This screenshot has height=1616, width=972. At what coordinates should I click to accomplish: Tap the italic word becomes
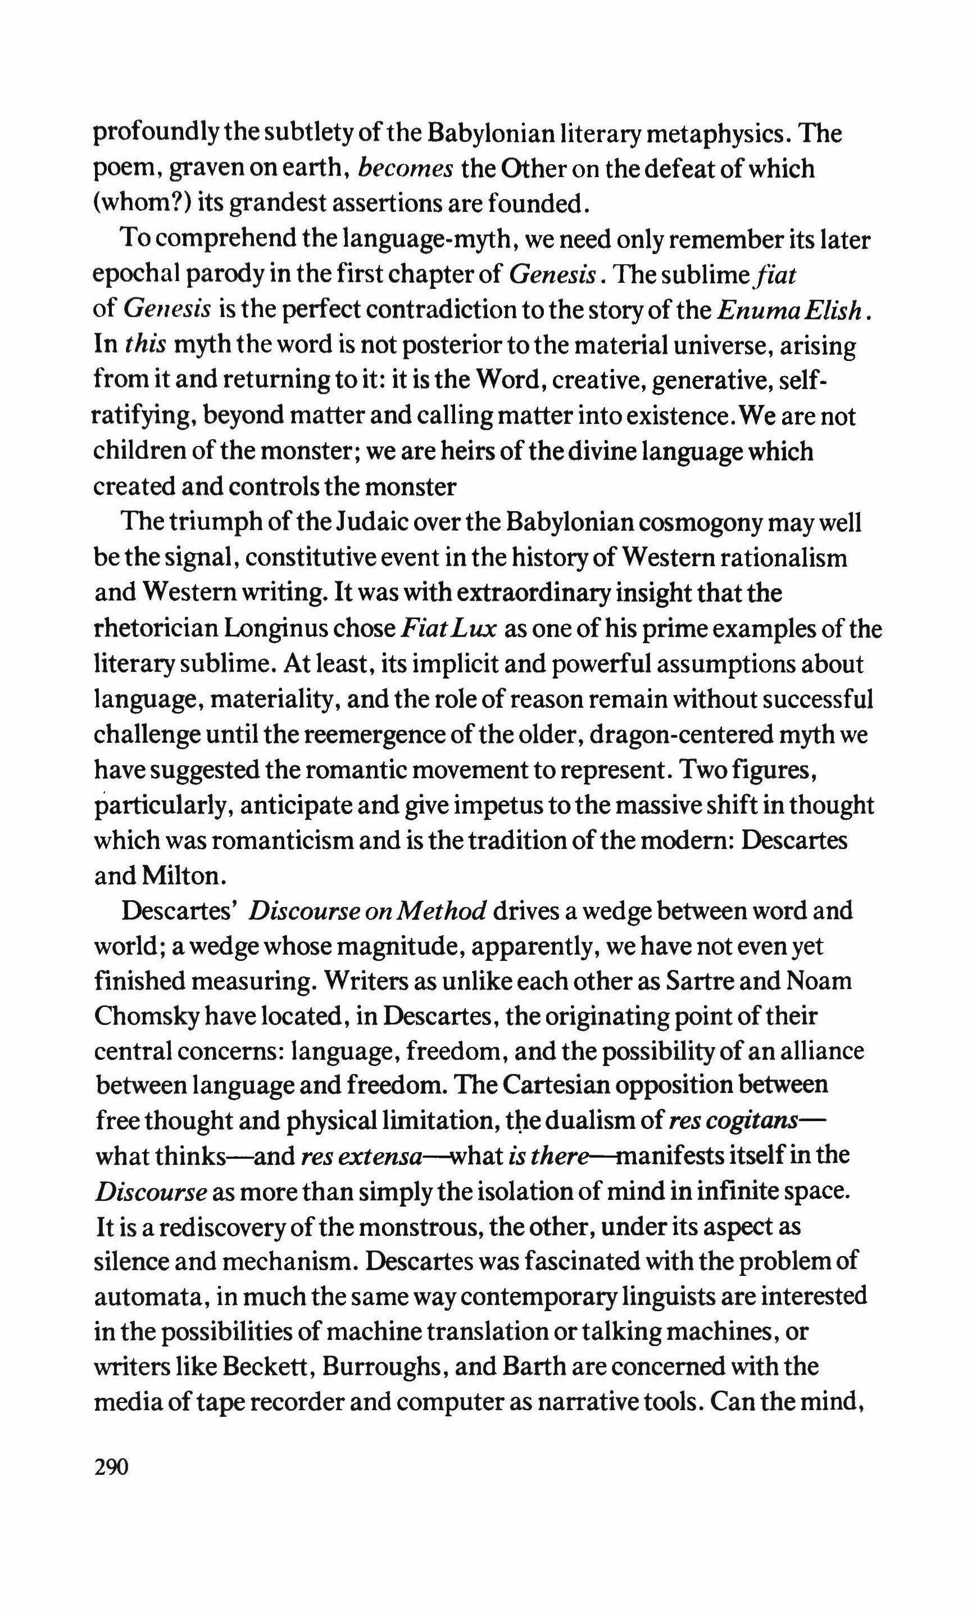click(x=406, y=169)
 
